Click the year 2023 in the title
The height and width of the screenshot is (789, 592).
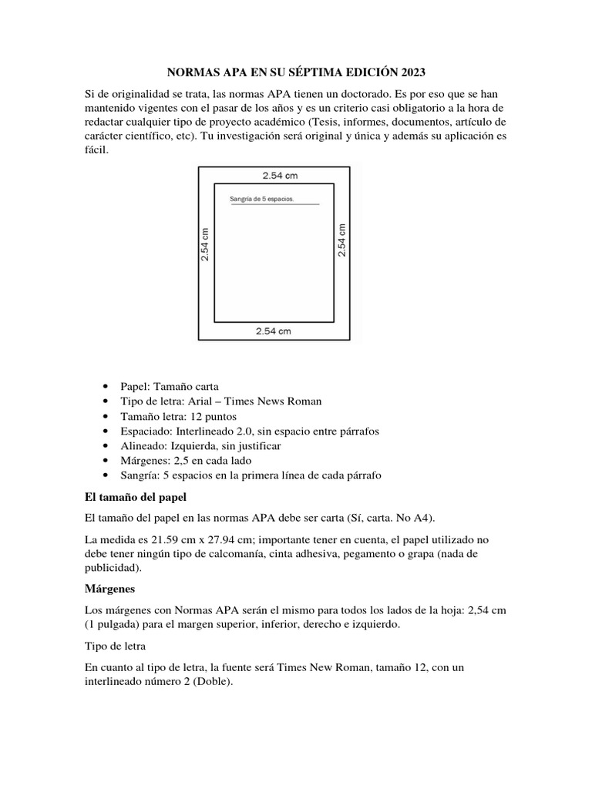(411, 73)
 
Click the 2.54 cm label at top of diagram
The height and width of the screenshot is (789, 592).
(280, 176)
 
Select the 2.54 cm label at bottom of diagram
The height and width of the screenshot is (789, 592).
(274, 331)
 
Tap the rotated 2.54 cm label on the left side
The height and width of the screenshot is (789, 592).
(205, 243)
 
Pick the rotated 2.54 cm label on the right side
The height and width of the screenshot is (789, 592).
(342, 240)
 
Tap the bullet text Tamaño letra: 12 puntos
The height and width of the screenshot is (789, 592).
(173, 416)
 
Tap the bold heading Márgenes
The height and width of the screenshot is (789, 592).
(109, 589)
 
